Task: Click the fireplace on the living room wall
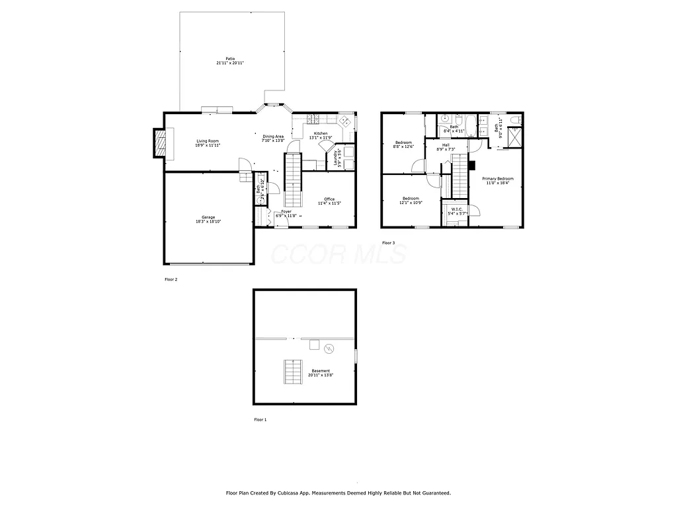pyautogui.click(x=160, y=143)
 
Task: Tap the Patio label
pyautogui.click(x=230, y=58)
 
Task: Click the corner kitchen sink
pyautogui.click(x=344, y=121)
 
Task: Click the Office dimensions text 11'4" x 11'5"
pyautogui.click(x=329, y=203)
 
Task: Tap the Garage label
pyautogui.click(x=208, y=217)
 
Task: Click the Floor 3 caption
pyautogui.click(x=388, y=243)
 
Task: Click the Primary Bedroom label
pyautogui.click(x=497, y=178)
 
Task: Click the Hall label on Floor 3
pyautogui.click(x=446, y=145)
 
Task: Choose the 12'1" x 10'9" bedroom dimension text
pyautogui.click(x=411, y=203)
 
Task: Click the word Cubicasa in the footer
pyautogui.click(x=286, y=492)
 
